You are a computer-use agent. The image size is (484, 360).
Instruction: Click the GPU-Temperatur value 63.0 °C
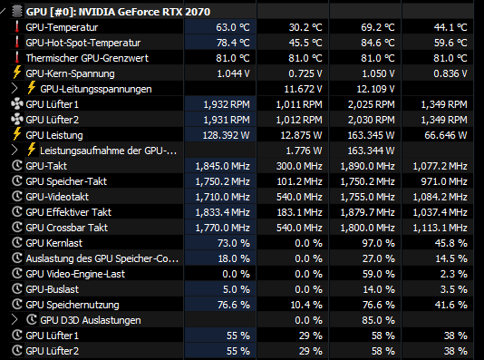tap(233, 27)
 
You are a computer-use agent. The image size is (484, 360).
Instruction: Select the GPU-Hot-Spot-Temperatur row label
tap(83, 43)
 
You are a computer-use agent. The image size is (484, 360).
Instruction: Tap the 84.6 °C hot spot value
tap(378, 43)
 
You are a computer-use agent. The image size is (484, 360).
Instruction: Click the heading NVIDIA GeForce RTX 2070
tap(144, 12)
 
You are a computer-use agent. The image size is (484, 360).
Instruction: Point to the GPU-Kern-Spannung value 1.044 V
tap(233, 73)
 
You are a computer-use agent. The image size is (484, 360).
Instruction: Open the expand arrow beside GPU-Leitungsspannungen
tap(15, 89)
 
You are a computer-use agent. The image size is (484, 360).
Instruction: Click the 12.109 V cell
tap(375, 89)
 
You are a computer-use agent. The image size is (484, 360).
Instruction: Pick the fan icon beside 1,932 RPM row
tap(17, 104)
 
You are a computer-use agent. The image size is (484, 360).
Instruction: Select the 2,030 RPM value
tap(371, 120)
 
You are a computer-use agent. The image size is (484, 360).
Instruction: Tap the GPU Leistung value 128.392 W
tap(226, 135)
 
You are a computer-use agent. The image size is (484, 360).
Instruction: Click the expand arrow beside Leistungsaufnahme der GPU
tap(15, 151)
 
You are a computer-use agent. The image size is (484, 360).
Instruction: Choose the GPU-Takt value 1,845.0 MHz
tap(222, 166)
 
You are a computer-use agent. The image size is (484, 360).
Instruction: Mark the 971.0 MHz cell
tap(444, 181)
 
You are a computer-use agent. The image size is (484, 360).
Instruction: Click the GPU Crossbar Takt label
tap(67, 228)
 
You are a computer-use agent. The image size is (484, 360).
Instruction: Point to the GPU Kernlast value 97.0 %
tap(378, 243)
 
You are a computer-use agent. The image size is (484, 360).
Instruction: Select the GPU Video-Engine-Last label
tap(75, 274)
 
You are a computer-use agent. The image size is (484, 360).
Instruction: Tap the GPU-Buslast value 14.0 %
tap(379, 289)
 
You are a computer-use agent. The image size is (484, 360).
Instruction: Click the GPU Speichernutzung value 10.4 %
tap(306, 305)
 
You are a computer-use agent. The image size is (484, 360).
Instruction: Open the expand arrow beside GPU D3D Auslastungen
tap(15, 320)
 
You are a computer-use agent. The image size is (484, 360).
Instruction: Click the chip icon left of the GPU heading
tap(17, 12)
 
